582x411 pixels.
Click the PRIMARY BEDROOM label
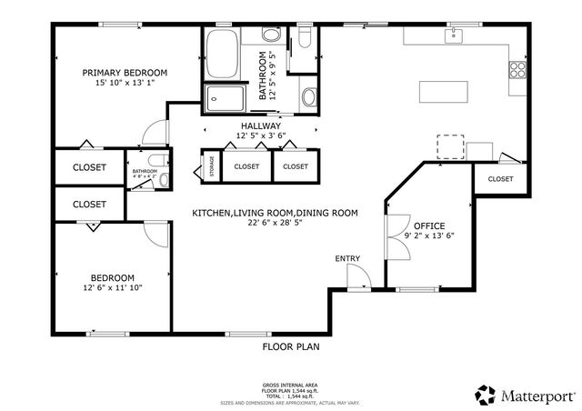(x=125, y=73)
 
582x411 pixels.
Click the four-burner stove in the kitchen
(x=518, y=68)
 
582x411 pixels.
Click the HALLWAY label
(x=261, y=125)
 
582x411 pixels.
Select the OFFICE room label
(x=429, y=225)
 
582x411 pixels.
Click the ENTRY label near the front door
(x=347, y=259)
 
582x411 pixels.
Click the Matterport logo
(x=525, y=394)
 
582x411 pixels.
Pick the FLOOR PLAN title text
(x=291, y=346)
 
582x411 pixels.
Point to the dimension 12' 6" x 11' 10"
(x=112, y=288)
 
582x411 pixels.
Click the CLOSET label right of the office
(x=500, y=179)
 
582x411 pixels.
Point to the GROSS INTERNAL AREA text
(x=291, y=386)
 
